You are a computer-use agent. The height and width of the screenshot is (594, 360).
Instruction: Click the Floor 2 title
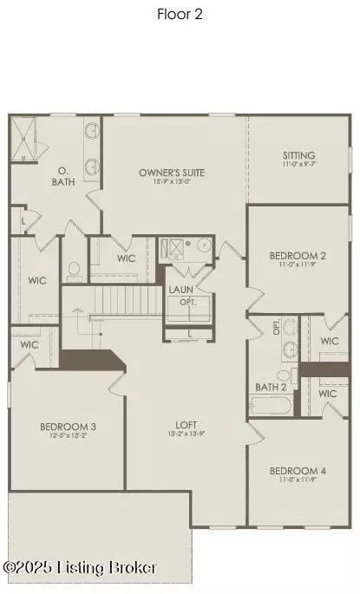[x=179, y=13]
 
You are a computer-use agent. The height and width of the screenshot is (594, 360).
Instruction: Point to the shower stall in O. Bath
[x=26, y=140]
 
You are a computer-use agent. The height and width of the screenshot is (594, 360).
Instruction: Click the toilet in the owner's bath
[x=75, y=270]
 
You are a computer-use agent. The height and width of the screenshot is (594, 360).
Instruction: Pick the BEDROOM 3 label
[x=68, y=426]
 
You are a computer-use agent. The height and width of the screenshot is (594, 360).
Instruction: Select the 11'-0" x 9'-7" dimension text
[x=299, y=164]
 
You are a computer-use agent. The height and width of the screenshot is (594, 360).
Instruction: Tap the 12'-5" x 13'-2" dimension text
[x=68, y=436]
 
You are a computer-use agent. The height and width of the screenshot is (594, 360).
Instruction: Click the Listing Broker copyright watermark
[x=81, y=568]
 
